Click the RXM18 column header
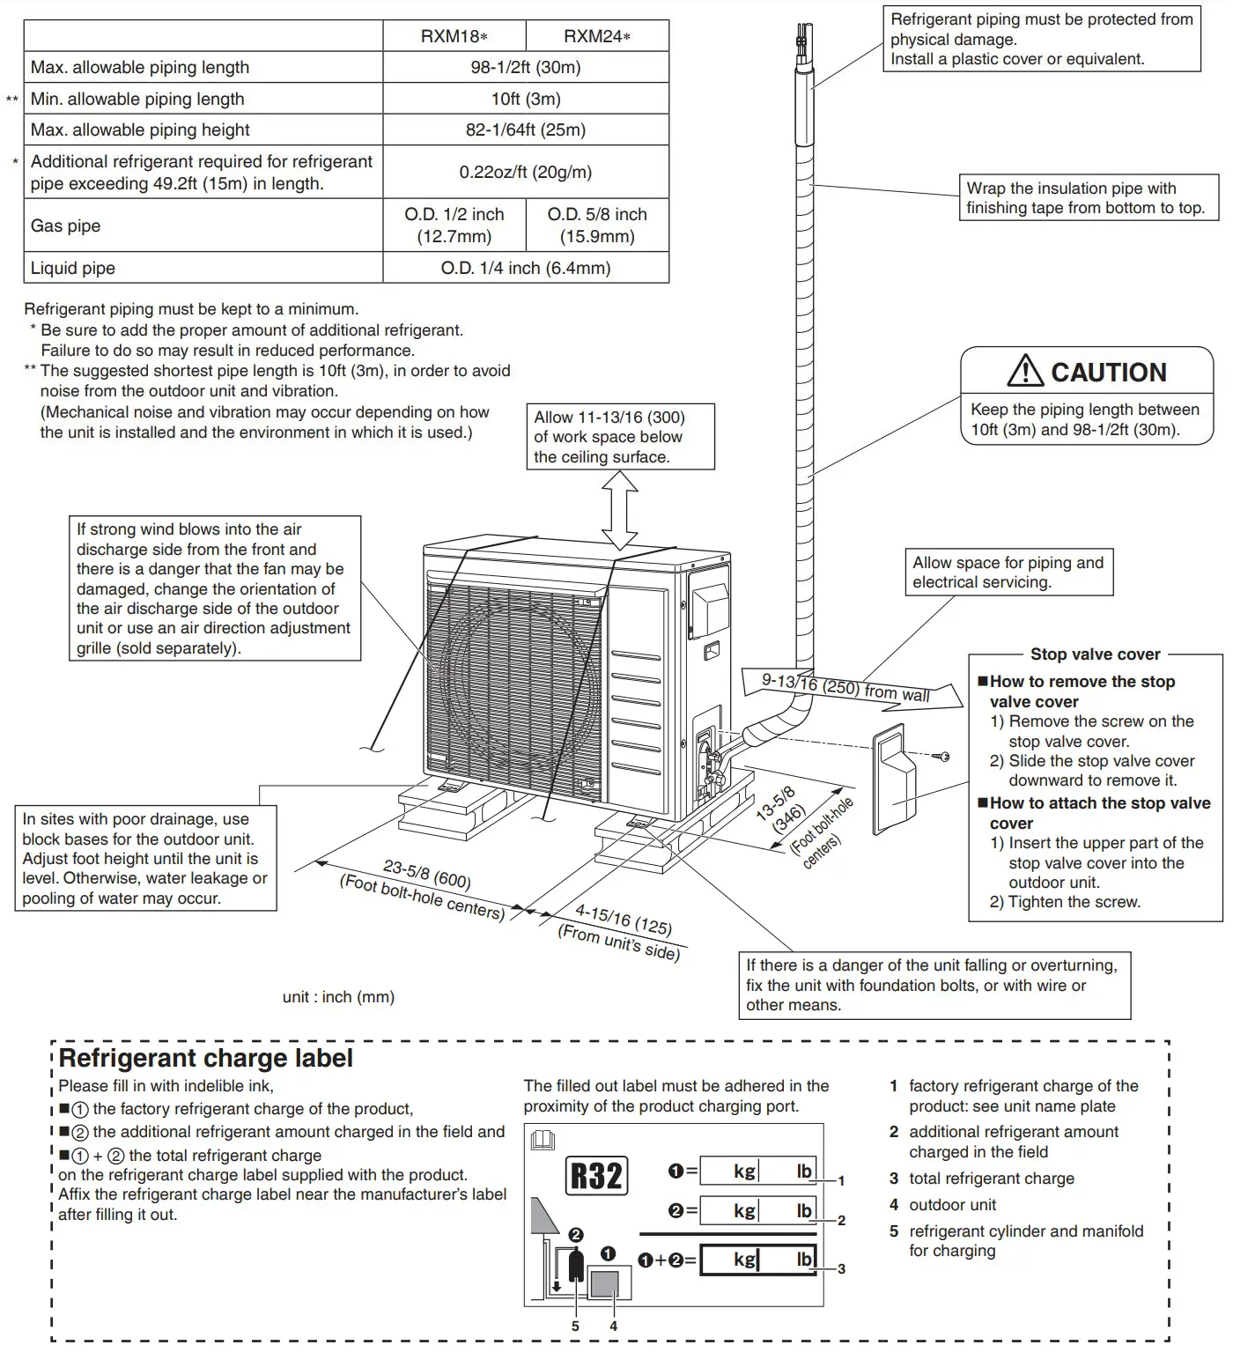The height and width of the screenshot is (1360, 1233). [x=454, y=36]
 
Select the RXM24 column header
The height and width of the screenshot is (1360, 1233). [x=596, y=36]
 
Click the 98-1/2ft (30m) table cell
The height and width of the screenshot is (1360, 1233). [x=525, y=67]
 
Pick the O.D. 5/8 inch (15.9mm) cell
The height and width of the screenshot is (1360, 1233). [x=596, y=225]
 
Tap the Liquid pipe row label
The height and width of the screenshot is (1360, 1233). [x=73, y=268]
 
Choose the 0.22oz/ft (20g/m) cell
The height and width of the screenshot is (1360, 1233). [x=525, y=172]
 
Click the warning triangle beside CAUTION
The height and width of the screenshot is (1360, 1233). [x=1024, y=372]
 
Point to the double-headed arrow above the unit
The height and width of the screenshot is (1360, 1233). [x=619, y=510]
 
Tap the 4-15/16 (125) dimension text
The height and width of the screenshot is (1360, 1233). [x=623, y=920]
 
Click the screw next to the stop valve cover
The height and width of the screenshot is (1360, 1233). [x=942, y=757]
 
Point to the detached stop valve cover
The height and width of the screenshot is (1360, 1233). [x=894, y=780]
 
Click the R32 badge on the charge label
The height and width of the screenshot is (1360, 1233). [x=596, y=1176]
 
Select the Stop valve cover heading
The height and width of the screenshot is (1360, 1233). [x=1095, y=654]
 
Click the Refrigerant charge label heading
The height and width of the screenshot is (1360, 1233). [x=206, y=1058]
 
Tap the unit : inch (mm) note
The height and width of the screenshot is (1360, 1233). [x=338, y=997]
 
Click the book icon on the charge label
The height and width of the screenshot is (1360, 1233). [x=543, y=1141]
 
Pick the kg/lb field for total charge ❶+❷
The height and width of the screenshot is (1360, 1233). [x=758, y=1260]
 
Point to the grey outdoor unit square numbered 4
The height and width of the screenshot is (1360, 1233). [x=603, y=1282]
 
